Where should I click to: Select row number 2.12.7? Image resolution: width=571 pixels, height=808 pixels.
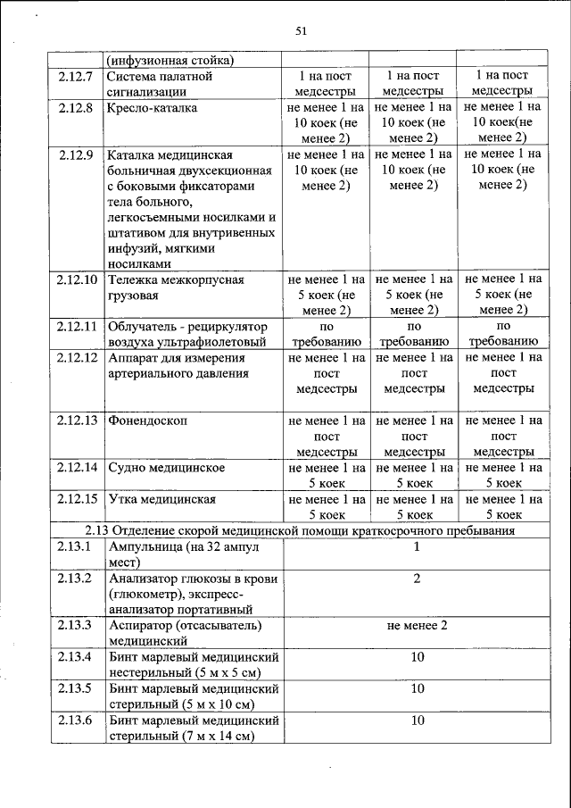click(x=76, y=76)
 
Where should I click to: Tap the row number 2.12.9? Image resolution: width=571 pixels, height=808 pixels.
click(x=76, y=154)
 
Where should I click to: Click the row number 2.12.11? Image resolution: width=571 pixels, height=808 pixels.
click(x=76, y=326)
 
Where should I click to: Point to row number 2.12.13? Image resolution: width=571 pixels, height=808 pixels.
click(x=76, y=420)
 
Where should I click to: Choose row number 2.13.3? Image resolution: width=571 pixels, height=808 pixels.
click(x=76, y=624)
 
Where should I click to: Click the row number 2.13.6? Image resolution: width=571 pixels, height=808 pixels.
click(x=76, y=720)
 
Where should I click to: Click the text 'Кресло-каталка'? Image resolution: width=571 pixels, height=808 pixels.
click(x=152, y=108)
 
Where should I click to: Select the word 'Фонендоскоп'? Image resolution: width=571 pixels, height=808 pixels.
click(x=148, y=420)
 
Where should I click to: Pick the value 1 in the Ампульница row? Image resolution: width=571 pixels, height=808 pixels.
click(x=416, y=546)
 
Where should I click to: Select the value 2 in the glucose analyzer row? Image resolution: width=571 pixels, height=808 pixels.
click(x=416, y=579)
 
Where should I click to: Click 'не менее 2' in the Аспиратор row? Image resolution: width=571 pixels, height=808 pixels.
click(x=417, y=624)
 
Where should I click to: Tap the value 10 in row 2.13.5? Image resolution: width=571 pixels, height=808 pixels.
click(x=417, y=688)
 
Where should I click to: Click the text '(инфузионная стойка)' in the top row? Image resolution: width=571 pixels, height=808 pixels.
click(x=170, y=61)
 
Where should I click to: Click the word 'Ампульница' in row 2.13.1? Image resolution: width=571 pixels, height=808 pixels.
click(x=145, y=546)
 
